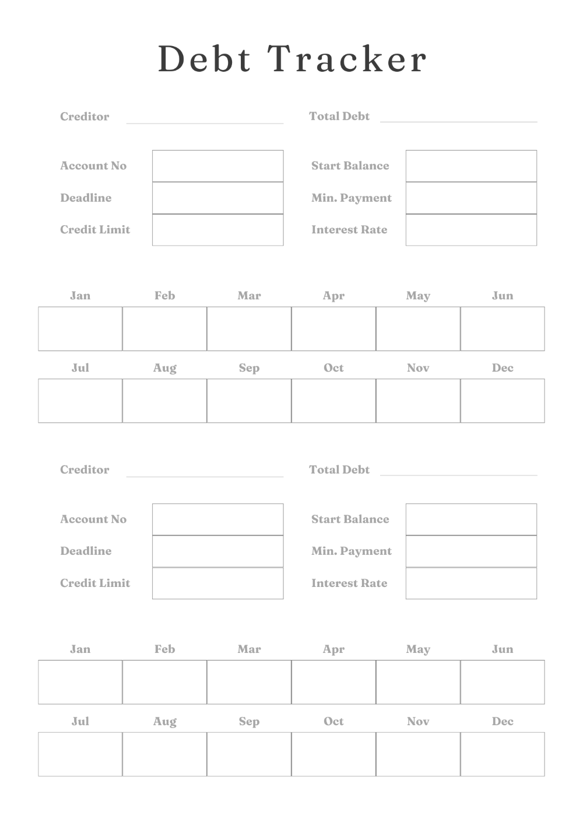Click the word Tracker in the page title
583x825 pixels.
pyautogui.click(x=347, y=59)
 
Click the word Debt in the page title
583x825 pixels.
pyautogui.click(x=205, y=59)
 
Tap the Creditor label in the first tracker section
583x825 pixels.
pyautogui.click(x=85, y=117)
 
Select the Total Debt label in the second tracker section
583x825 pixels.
pyautogui.click(x=339, y=470)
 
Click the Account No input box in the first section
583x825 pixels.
pyautogui.click(x=217, y=166)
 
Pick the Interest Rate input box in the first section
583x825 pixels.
pyautogui.click(x=471, y=230)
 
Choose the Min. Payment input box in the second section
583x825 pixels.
pyautogui.click(x=471, y=551)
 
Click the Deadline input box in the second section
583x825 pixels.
pyautogui.click(x=217, y=551)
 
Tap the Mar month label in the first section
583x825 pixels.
pyautogui.click(x=249, y=296)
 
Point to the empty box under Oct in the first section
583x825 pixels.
pyautogui.click(x=333, y=401)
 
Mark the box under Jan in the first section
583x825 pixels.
pyautogui.click(x=80, y=328)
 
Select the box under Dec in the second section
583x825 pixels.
pyautogui.click(x=503, y=754)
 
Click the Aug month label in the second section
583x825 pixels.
pyautogui.click(x=164, y=722)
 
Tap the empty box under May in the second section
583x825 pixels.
pyautogui.click(x=418, y=682)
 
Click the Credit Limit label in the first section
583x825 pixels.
pyautogui.click(x=95, y=230)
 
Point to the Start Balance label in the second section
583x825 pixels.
pyautogui.click(x=350, y=519)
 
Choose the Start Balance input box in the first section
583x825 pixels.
pyautogui.click(x=471, y=166)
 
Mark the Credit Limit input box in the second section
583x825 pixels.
pyautogui.click(x=217, y=583)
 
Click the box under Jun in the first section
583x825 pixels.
pyautogui.click(x=503, y=328)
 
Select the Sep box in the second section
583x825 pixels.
pyautogui.click(x=249, y=754)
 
